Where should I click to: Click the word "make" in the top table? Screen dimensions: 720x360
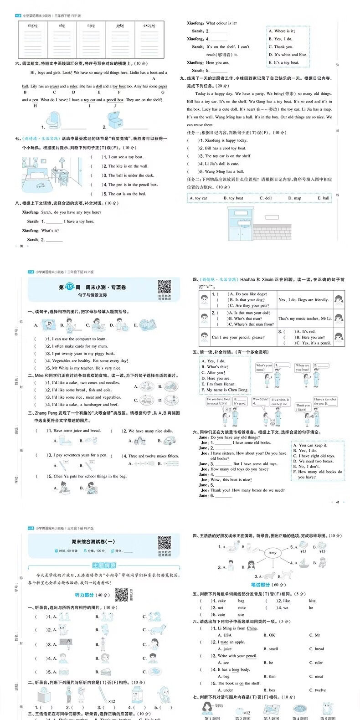(x=33, y=26)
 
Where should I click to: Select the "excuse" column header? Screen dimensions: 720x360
(x=149, y=26)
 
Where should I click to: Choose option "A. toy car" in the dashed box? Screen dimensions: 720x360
(x=199, y=198)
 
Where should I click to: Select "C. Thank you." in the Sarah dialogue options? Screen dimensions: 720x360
(x=281, y=47)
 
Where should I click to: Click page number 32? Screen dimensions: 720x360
(x=21, y=246)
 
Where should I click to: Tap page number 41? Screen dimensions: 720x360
(x=337, y=502)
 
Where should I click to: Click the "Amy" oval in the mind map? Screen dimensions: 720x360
(x=272, y=553)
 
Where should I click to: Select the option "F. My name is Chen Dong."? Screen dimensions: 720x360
(x=225, y=390)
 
